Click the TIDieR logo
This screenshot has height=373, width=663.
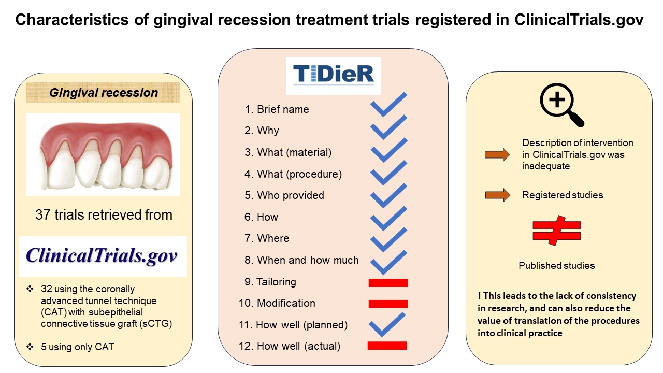[x=334, y=75]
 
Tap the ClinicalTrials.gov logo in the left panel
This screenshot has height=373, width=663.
[x=103, y=256]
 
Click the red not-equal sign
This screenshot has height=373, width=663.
[x=557, y=231]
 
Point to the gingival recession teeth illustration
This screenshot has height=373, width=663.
[x=103, y=154]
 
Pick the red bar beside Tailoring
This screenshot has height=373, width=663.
[x=388, y=282]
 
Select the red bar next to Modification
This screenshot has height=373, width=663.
[x=388, y=304]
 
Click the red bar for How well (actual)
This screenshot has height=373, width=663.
[x=387, y=346]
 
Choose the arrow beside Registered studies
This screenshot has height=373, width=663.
[x=497, y=195]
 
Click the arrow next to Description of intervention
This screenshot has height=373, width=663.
[x=497, y=154]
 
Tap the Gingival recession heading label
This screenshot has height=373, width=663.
[x=103, y=93]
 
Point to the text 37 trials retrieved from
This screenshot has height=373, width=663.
[x=104, y=214]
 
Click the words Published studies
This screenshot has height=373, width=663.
[x=557, y=265]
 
